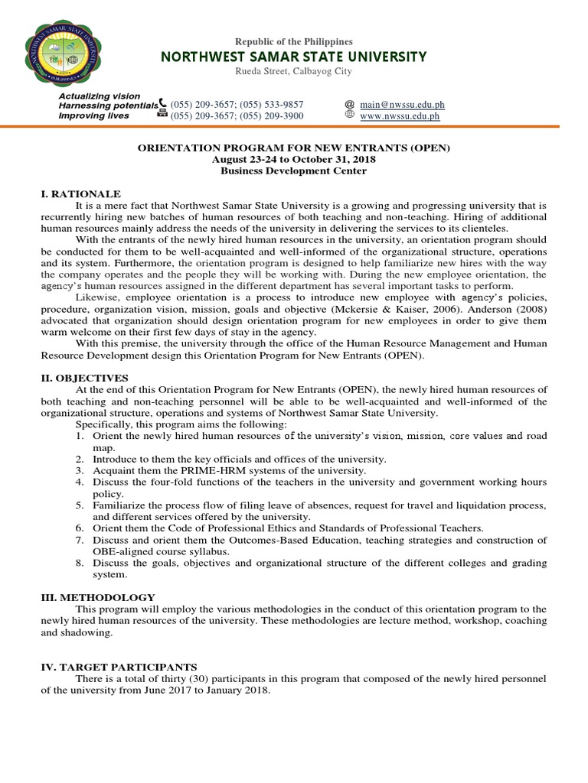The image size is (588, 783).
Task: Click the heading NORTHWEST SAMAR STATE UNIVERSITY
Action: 293,57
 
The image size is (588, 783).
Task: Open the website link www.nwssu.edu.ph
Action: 400,116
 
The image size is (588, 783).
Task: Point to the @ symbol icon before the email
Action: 349,104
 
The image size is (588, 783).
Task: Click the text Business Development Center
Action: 293,171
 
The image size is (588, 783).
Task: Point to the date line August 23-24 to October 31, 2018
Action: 293,159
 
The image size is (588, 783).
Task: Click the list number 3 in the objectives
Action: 79,470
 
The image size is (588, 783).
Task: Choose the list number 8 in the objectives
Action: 79,563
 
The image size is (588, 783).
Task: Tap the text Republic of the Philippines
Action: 293,41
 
